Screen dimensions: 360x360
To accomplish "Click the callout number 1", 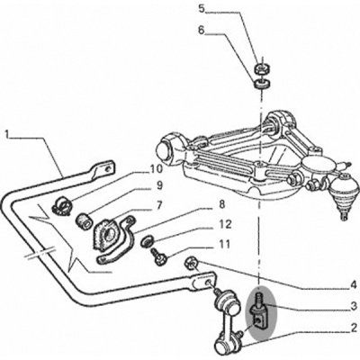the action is coord(8,133).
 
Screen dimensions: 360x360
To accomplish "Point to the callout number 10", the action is coord(156,169).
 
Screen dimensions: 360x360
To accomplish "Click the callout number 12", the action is coord(225,224).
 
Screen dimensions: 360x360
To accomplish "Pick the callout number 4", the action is coord(354,283).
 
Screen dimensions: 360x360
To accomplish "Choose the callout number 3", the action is coord(354,306).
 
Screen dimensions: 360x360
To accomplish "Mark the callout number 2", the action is coord(354,328).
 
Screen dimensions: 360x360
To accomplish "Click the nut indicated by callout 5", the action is coord(262,69).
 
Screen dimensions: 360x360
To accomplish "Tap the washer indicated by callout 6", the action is coord(262,84).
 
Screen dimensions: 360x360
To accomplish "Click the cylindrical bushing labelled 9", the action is coord(84,220).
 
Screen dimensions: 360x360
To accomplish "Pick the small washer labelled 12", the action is coord(148,241).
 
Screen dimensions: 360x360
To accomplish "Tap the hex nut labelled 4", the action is coord(191,263).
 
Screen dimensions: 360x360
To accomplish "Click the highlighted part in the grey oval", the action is coord(259,312).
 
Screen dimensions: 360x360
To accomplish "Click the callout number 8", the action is coord(221,205).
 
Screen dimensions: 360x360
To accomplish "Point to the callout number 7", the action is coord(159,205).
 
